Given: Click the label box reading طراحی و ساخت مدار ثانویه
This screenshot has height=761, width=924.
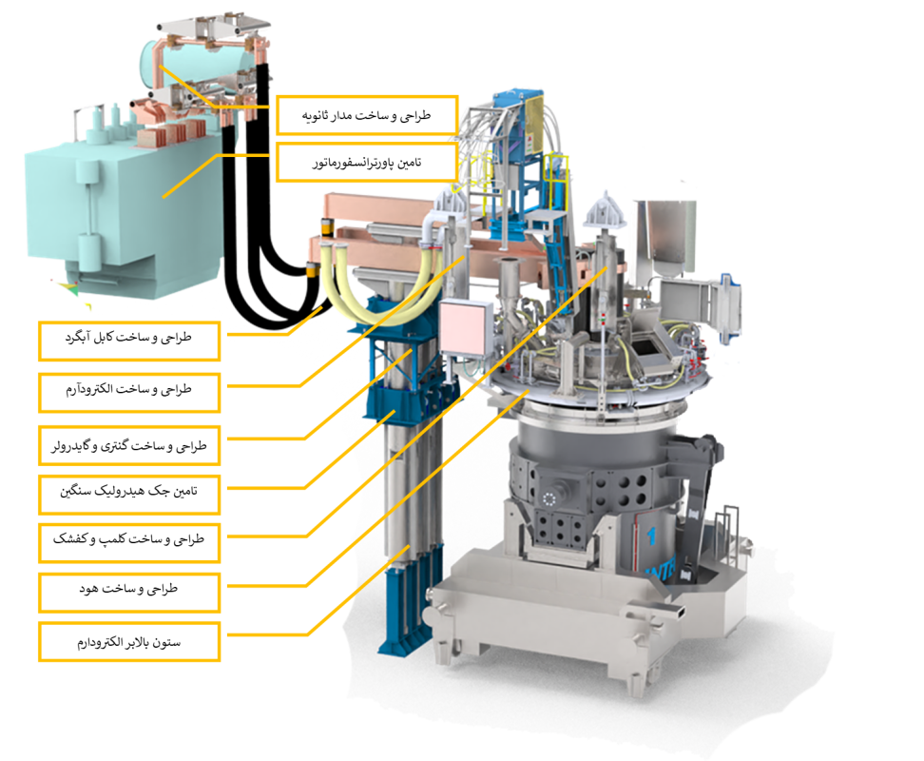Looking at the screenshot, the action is coord(367,115).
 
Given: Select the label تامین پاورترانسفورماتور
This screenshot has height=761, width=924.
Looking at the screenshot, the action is coord(367,162).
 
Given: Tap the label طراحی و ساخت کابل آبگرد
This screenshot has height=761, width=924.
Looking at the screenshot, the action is coord(129,341).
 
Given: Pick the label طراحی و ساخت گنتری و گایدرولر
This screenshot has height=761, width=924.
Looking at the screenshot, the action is coord(129,445).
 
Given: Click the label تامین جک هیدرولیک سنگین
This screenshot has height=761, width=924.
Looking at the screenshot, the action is coord(129,494).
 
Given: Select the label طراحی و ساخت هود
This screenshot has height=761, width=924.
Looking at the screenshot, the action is coord(129,593).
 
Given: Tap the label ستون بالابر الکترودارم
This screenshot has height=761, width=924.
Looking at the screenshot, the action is coord(129,641).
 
